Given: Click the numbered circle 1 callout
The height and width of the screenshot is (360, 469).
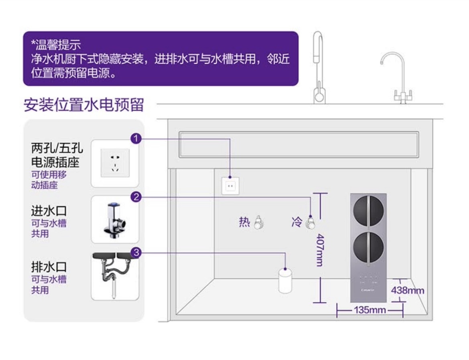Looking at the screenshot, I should click(136, 139).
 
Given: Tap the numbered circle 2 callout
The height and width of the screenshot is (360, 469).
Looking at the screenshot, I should click(136, 197).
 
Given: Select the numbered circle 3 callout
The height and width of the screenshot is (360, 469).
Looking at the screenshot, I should click(136, 253).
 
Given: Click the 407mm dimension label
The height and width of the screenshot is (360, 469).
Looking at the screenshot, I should click(320, 250).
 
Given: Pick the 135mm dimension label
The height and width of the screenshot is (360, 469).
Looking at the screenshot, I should click(370, 310).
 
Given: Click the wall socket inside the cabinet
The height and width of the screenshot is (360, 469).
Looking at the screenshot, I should click(230, 186).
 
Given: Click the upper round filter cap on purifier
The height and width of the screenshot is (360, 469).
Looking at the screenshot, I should click(368, 210).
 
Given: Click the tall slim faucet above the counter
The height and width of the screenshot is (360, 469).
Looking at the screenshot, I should click(319, 68).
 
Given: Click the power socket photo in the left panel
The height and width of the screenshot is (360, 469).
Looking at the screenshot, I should click(115, 163).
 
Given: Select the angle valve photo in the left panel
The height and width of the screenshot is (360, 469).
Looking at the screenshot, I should click(115, 219).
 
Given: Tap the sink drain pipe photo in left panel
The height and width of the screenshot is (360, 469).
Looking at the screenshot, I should click(115, 275).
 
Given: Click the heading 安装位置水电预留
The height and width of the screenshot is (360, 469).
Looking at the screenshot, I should click(83, 105).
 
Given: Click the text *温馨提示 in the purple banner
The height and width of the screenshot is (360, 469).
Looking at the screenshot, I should click(56, 44).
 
